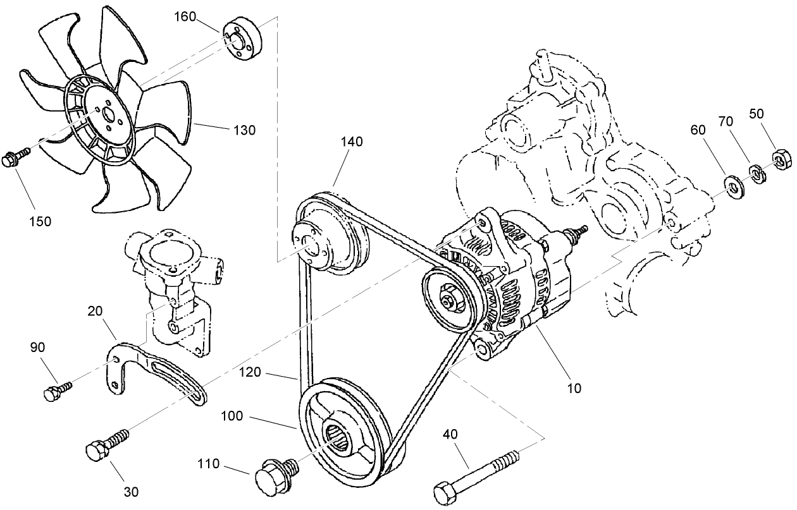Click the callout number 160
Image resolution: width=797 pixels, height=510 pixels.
click(186, 16)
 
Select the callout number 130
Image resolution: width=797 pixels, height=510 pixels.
click(244, 130)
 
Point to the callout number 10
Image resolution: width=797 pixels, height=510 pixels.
click(574, 388)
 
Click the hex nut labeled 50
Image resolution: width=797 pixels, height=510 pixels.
click(781, 159)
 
